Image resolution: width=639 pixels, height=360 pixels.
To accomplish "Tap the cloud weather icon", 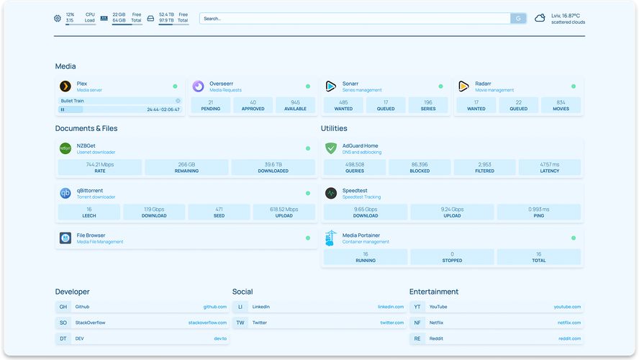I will (x=540, y=19).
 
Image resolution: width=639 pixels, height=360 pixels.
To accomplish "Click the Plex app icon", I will (x=65, y=86).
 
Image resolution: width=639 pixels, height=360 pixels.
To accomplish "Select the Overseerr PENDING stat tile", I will (x=211, y=105).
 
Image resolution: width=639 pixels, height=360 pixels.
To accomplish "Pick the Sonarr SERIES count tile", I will (x=428, y=105).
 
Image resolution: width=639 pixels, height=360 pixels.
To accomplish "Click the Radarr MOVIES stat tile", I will (x=561, y=105).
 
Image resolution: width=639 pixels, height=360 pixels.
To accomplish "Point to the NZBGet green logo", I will (x=65, y=148).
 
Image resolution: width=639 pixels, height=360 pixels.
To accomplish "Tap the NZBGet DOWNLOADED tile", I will (x=273, y=167).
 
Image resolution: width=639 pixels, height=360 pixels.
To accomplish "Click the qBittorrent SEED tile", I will (x=219, y=212).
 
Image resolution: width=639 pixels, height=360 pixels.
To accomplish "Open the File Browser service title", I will (x=91, y=235).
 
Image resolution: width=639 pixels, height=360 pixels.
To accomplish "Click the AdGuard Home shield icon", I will (x=330, y=148).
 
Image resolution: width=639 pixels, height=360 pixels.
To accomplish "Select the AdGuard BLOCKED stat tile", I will (x=420, y=167).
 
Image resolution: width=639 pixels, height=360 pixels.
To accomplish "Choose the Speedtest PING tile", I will (x=538, y=212).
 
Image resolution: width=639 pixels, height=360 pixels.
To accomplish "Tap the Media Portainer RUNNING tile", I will (x=366, y=256).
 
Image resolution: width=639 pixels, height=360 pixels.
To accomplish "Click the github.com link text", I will (x=214, y=307).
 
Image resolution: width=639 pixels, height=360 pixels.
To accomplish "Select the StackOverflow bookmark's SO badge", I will (x=63, y=323).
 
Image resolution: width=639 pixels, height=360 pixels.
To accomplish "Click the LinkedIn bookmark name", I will (x=260, y=307).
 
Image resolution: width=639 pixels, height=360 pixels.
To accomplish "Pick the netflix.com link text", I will (x=568, y=323).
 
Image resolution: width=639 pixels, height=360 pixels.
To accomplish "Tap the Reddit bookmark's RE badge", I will (x=417, y=338).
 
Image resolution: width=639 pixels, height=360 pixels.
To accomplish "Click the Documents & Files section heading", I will (x=86, y=128).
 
